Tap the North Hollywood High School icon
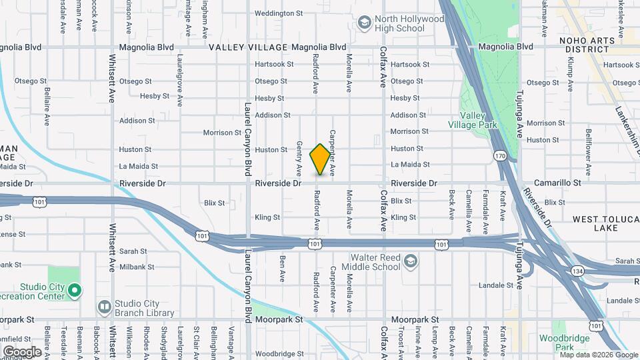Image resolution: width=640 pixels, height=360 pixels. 364,24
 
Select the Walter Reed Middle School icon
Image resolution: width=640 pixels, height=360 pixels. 411,261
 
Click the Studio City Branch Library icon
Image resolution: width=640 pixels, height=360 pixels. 104,307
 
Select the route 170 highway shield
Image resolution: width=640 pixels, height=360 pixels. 501,155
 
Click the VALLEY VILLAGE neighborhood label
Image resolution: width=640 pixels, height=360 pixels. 248,47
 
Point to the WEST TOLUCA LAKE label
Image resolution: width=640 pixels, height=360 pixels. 605,223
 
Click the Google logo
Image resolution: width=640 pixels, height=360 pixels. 22,351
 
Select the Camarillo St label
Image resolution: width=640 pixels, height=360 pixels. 558,182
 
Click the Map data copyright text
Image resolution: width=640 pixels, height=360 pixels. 599,355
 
